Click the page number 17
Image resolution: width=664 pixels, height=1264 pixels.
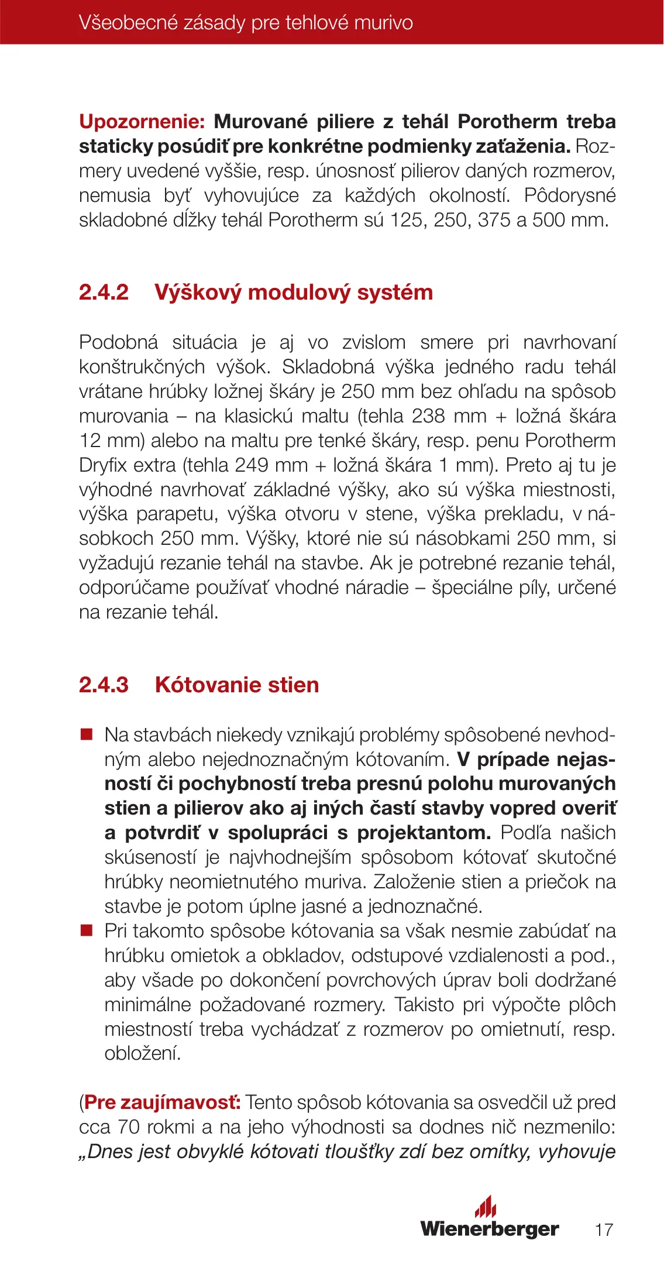tap(604, 1229)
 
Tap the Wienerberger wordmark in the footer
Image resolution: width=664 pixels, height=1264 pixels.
tap(490, 1228)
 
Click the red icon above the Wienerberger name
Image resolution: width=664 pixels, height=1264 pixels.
tap(486, 1207)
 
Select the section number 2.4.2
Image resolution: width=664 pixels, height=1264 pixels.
tap(104, 292)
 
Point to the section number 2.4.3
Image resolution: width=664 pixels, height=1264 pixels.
tap(104, 685)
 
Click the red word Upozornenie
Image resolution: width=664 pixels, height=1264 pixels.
tap(142, 122)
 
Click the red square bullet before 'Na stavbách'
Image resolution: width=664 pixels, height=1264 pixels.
tap(87, 734)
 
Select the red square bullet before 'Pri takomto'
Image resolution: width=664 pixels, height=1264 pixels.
tap(87, 930)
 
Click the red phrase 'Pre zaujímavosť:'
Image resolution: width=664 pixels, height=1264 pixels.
tap(162, 1102)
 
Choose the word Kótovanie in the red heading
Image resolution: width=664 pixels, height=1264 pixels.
tap(204, 685)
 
